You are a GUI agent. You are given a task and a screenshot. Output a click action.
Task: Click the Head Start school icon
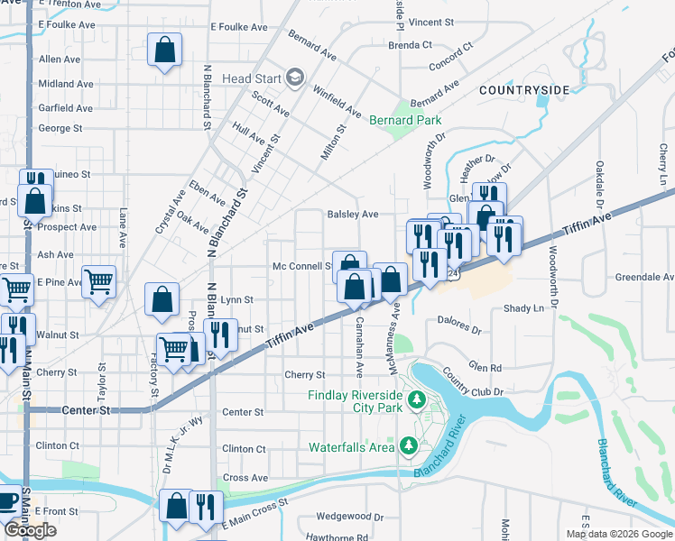click(x=294, y=78)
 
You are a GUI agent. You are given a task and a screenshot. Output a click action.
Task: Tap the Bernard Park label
click(x=404, y=120)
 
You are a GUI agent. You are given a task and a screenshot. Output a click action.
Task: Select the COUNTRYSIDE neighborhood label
click(x=524, y=90)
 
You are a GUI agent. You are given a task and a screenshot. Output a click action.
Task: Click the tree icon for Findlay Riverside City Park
click(x=416, y=399)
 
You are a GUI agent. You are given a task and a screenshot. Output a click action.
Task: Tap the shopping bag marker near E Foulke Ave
click(x=164, y=51)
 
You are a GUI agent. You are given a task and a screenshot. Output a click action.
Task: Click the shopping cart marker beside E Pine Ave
click(x=98, y=280)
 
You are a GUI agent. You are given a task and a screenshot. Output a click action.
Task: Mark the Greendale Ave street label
click(x=644, y=278)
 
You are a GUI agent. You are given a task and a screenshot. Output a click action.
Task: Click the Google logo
click(x=30, y=530)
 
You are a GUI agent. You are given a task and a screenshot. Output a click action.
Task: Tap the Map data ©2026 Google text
click(x=618, y=534)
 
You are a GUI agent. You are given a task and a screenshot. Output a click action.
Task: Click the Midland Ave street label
click(x=66, y=84)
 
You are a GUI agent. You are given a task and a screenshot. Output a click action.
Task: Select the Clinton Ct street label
click(x=244, y=449)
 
